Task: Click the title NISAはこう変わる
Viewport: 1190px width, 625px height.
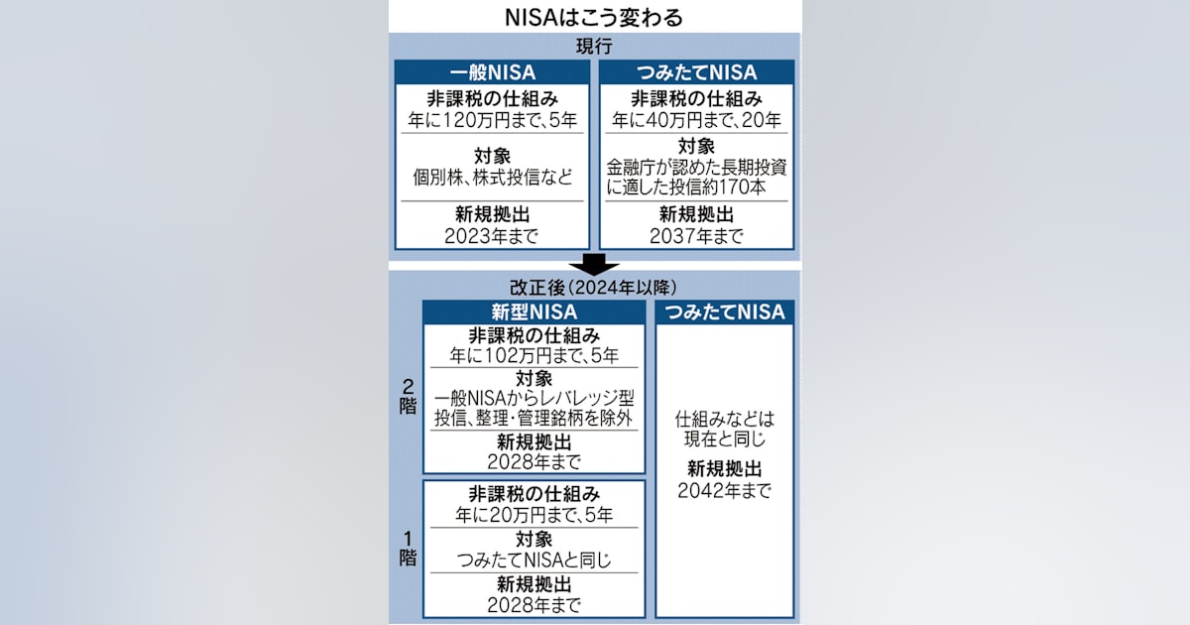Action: [x=593, y=18]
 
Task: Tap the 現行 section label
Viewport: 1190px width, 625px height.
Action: [x=594, y=47]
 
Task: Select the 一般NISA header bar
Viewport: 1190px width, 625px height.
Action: [x=493, y=72]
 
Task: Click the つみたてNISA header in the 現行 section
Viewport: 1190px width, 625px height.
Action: [x=696, y=72]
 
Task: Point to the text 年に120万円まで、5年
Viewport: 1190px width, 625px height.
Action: [x=493, y=120]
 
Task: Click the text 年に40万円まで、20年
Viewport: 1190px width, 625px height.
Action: [x=696, y=120]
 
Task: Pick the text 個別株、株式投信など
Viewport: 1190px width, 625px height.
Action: [x=493, y=177]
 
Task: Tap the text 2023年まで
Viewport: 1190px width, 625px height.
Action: [x=492, y=236]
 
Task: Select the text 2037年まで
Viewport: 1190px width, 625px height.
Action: [x=696, y=236]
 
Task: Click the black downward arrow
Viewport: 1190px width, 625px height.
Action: [x=594, y=264]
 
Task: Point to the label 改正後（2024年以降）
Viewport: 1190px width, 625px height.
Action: [x=593, y=288]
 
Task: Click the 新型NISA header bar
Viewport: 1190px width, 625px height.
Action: [x=534, y=312]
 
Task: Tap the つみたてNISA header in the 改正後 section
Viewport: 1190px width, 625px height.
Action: [x=725, y=312]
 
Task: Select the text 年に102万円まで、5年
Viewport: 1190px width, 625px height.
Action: [x=534, y=355]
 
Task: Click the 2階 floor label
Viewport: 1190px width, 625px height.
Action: [x=408, y=397]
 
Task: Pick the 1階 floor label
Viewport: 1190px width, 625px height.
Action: [x=408, y=549]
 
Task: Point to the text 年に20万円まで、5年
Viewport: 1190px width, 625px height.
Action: [x=534, y=515]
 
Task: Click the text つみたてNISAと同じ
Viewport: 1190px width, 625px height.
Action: [x=534, y=560]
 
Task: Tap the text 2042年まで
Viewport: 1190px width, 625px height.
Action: [x=725, y=490]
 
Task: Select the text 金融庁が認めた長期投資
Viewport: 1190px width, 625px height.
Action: [x=696, y=168]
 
